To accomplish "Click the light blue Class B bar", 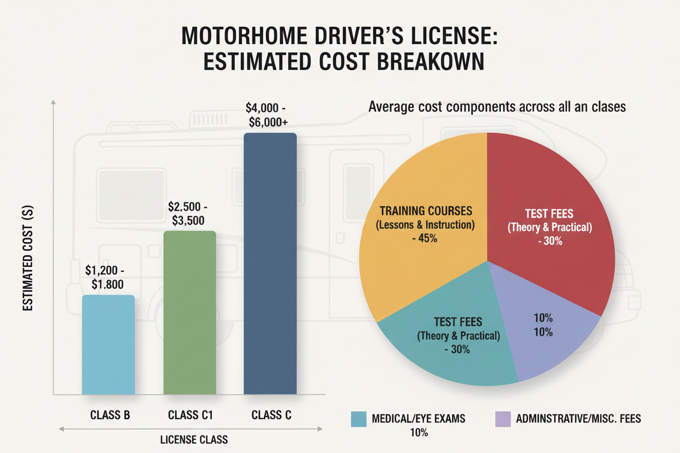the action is tap(108, 344).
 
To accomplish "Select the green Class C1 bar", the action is tap(190, 313).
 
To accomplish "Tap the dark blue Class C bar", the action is tap(270, 264).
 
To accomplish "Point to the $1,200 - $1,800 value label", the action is tap(105, 277).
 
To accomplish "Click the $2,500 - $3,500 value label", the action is tap(188, 213).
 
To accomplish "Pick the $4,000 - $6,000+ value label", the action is tap(267, 115).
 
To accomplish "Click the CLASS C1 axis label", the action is tap(191, 415).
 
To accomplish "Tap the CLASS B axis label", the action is tap(110, 415).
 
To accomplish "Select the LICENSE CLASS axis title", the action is tap(194, 439).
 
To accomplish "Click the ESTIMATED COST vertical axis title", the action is tap(28, 258).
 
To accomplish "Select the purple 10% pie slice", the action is tap(543, 328).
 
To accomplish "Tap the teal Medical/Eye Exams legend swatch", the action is tap(359, 419).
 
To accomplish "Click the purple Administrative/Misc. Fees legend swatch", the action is tap(503, 419).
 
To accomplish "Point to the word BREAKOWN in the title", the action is tap(430, 62).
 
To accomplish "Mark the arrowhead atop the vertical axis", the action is tap(53, 102).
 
